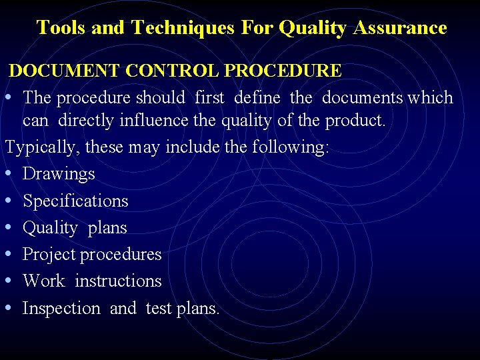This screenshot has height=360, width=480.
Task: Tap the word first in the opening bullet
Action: (x=209, y=97)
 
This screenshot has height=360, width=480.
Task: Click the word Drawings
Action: (x=59, y=174)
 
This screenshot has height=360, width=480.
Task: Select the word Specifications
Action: (x=75, y=201)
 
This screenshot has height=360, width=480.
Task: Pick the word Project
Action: (x=49, y=255)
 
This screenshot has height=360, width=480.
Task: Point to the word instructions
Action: (x=118, y=281)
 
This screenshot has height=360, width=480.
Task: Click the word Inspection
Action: (x=61, y=308)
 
